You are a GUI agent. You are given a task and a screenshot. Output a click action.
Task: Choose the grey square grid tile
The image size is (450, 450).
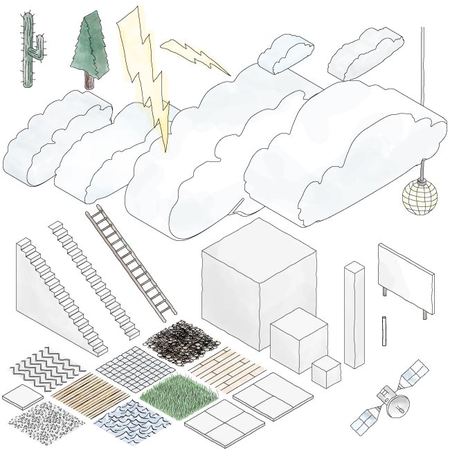(x=136, y=368)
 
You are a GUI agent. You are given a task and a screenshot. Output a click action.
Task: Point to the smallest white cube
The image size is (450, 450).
(x=325, y=372)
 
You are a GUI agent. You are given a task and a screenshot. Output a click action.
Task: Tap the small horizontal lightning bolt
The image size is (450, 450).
(x=195, y=55)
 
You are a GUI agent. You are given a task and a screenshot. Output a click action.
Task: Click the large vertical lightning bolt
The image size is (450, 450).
(x=145, y=76)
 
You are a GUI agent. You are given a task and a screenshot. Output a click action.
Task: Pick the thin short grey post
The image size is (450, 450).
(x=383, y=330)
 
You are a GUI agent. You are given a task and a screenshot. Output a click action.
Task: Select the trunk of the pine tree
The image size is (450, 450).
(x=88, y=80)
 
